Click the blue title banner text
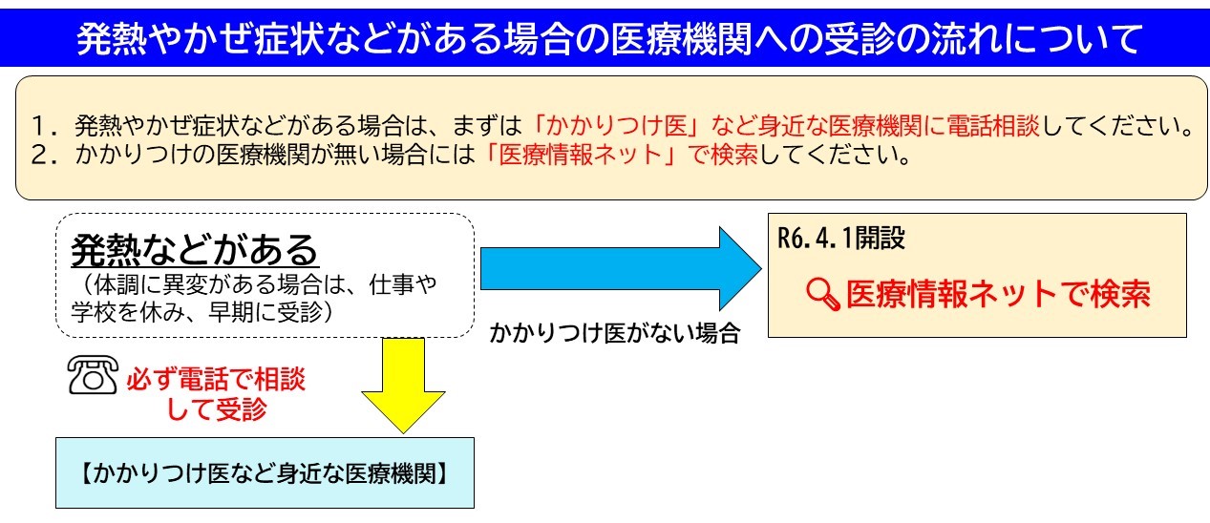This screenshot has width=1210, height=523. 608,39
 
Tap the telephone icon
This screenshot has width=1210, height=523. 93,375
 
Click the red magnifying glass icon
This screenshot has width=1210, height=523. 823,294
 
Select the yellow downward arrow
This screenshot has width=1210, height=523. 403,386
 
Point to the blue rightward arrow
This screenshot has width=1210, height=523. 621,268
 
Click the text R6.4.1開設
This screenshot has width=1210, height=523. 841,238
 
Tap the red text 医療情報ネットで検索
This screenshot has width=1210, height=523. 998,294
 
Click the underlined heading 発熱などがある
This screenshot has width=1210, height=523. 195,250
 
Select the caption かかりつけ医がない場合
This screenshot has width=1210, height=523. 615,333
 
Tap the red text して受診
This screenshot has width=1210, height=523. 216,408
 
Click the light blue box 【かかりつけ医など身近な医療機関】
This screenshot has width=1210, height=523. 265,472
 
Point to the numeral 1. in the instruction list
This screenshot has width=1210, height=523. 46,126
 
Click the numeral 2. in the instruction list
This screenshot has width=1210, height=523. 46,156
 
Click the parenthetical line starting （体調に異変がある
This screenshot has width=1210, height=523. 254,284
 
